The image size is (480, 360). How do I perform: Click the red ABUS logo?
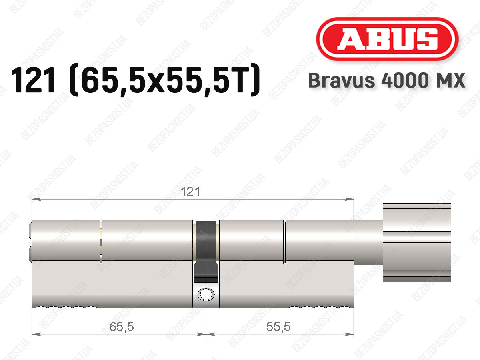coord(387,39)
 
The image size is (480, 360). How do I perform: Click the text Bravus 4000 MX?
coord(387,80)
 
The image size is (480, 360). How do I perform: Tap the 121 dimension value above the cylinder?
coord(190,192)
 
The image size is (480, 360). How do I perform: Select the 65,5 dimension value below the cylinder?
coord(122,327)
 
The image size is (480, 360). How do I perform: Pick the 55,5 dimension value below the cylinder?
coord(278,327)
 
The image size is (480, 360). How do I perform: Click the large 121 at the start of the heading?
coord(33,80)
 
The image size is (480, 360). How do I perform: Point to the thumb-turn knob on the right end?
coord(417,243)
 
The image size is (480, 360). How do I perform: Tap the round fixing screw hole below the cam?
coord(206,294)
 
